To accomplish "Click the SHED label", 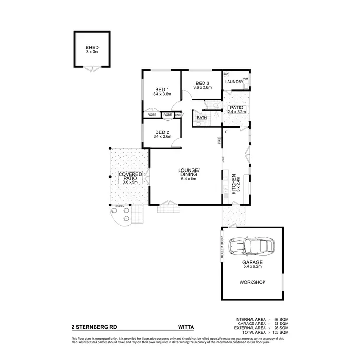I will click(x=92, y=48).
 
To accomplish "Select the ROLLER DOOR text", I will click(x=222, y=248).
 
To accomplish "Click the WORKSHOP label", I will click(x=252, y=282).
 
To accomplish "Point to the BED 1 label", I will click(x=162, y=89).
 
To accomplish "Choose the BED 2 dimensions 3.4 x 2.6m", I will click(x=162, y=137).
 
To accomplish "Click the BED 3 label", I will click(x=203, y=83).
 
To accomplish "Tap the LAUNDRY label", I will click(x=234, y=82).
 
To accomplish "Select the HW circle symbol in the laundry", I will click(x=227, y=74).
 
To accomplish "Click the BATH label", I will click(x=202, y=117).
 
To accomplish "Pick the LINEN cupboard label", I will click(x=178, y=115).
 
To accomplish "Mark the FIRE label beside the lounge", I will click(x=219, y=141).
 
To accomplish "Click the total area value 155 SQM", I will click(x=281, y=332).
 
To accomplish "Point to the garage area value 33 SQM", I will click(x=281, y=324).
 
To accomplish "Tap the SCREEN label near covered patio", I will click(x=119, y=206).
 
